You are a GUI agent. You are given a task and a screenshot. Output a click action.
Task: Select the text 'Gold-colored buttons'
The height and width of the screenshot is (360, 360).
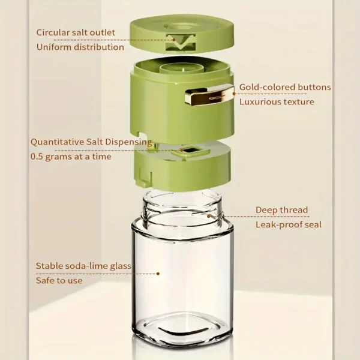(x=285, y=87)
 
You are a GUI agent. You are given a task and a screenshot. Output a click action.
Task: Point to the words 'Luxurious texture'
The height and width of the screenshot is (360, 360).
(x=277, y=102)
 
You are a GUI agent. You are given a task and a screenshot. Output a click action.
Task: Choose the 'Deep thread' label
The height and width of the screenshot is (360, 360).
(x=281, y=210)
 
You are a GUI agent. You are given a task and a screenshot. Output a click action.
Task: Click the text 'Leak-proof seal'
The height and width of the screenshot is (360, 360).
(x=289, y=225)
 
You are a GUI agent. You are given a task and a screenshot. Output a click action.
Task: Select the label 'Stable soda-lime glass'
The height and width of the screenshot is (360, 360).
(x=83, y=265)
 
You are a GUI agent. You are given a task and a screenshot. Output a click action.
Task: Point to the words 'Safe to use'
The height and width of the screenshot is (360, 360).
(x=59, y=280)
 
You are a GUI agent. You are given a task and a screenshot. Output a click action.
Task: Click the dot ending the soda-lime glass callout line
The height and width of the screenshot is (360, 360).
(x=158, y=274)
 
